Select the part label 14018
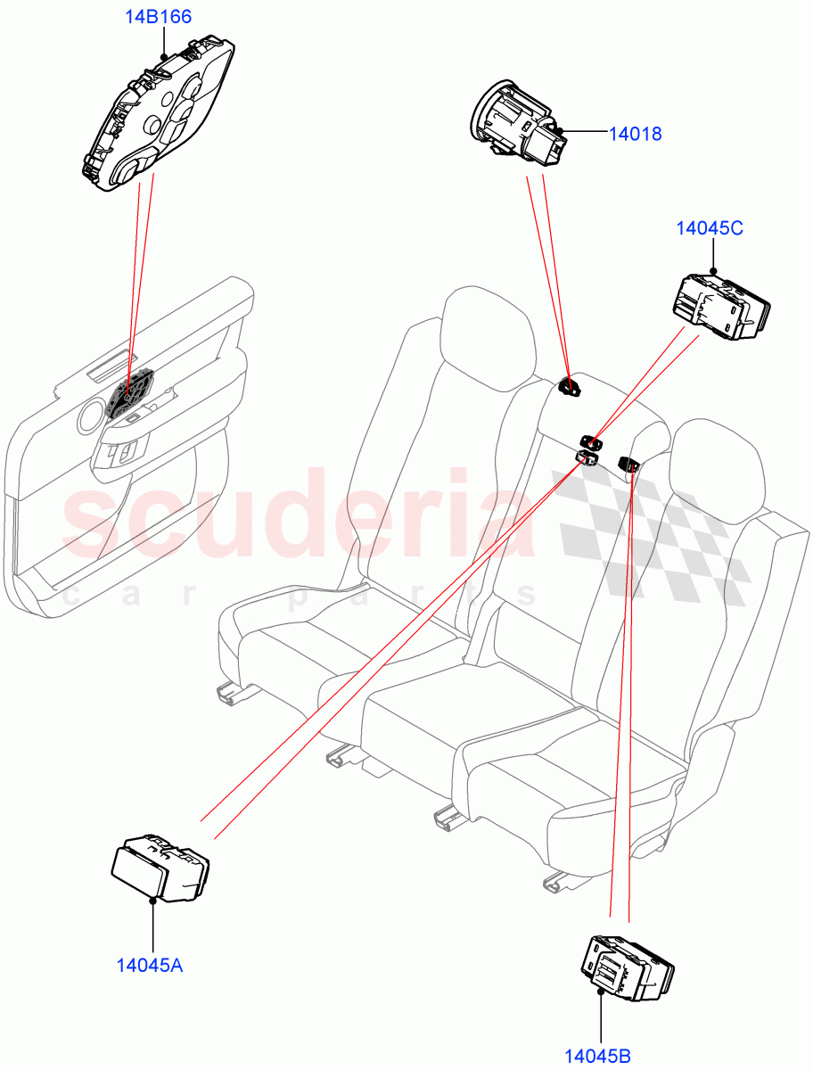pos(635,134)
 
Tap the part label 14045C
pos(710,228)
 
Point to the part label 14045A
pos(150,964)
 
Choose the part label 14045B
pos(597,1057)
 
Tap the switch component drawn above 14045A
pos(159,867)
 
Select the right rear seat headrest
pos(719,465)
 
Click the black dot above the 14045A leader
pos(153,901)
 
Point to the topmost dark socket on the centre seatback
pos(568,386)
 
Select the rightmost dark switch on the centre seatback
pos(628,463)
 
